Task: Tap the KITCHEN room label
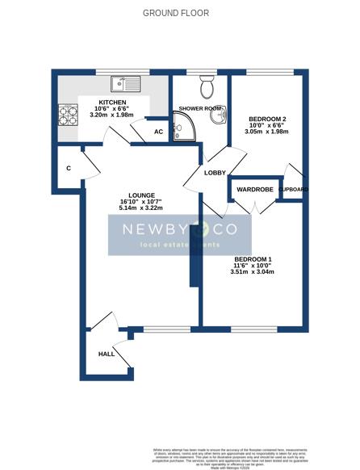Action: pos(112,103)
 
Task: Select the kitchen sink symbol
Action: pos(127,82)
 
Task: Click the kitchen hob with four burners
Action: pos(67,114)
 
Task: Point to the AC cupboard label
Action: pos(158,132)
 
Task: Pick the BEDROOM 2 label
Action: pos(265,119)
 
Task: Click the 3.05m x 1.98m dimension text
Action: pos(265,133)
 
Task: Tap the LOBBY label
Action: pos(214,174)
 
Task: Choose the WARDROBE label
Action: pos(255,190)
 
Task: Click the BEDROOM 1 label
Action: pos(253,258)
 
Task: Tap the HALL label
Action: pos(106,354)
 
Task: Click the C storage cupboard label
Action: pos(69,168)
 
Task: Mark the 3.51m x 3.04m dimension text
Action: pos(253,272)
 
